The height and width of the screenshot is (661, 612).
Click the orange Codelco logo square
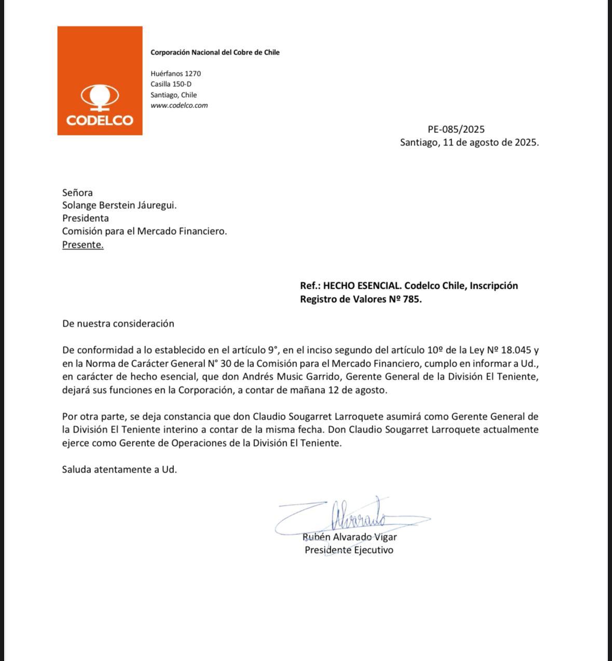click(100, 80)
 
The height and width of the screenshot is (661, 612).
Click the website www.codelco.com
click(179, 105)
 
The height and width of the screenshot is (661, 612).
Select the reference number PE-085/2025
click(456, 129)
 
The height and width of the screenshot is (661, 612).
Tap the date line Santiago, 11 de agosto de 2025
click(469, 142)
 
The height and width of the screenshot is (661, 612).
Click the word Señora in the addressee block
click(77, 193)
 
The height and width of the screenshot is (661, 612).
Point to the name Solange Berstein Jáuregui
click(119, 205)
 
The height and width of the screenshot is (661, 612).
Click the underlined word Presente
click(83, 245)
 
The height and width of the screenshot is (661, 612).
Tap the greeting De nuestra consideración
click(118, 323)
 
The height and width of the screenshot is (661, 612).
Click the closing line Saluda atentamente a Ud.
click(119, 469)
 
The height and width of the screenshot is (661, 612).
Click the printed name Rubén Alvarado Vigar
click(349, 537)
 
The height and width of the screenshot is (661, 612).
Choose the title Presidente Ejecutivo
click(349, 550)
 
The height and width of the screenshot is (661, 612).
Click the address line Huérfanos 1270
click(175, 74)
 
